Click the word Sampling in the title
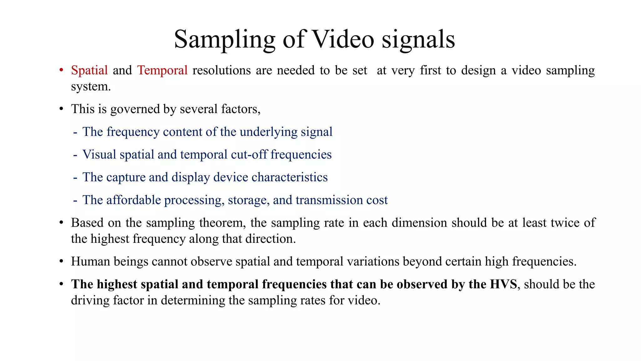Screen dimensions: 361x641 click(224, 40)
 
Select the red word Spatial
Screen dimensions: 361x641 click(89, 70)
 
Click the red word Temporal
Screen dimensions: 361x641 click(162, 70)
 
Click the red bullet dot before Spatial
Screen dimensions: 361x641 click(61, 70)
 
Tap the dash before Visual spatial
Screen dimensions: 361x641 click(75, 155)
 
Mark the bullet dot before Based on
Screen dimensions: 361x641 click(61, 223)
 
